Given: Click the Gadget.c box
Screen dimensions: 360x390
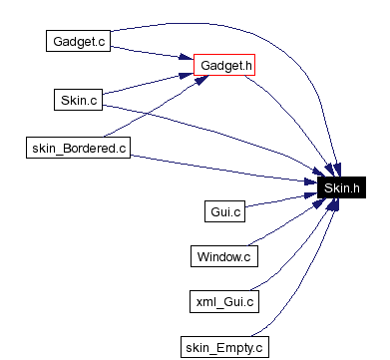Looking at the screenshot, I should tap(76, 41).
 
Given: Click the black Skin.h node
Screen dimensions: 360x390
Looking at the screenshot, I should tap(340, 185).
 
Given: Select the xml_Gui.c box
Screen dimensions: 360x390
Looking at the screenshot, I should tap(224, 300).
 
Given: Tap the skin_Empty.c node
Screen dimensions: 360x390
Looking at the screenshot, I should tap(224, 347).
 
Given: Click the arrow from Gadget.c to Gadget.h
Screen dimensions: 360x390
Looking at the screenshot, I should tap(150, 53).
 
